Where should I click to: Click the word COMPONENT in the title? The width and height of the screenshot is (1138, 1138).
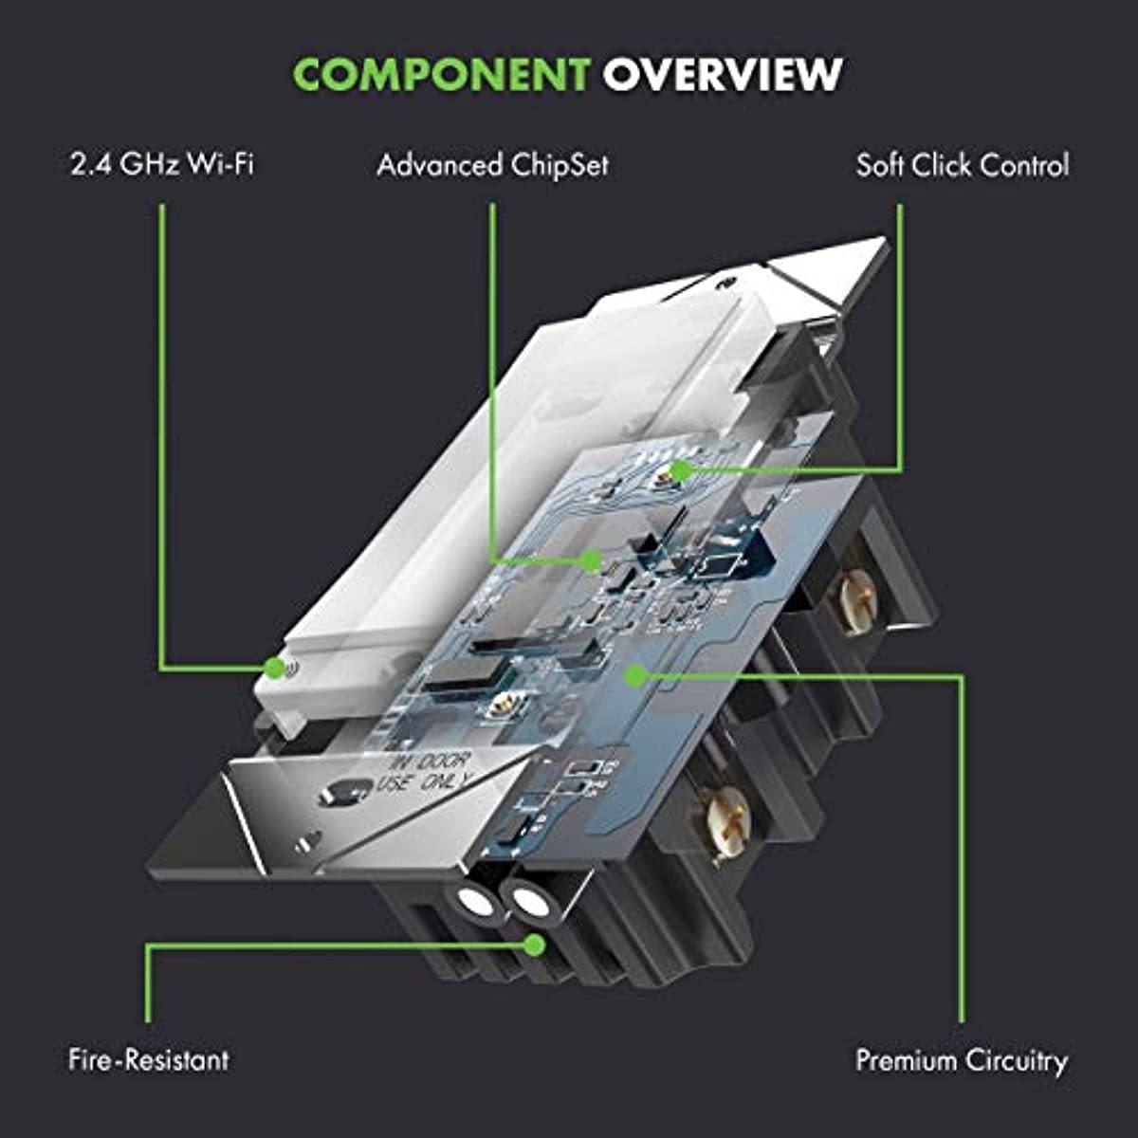coord(441,74)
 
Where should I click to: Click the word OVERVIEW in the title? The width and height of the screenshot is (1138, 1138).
coord(723,74)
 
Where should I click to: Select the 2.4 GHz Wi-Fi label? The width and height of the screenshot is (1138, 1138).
coord(162,165)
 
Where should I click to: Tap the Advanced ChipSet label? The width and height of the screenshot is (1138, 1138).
coord(492,165)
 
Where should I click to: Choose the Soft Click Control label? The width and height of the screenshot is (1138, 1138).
coord(962,165)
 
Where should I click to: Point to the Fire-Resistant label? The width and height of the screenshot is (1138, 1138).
coord(149,1059)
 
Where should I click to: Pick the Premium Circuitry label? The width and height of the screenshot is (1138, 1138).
coord(962,1059)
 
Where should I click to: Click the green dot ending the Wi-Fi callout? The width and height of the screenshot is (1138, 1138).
coord(275,668)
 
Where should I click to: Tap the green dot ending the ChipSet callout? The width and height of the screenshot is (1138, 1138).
coord(592,560)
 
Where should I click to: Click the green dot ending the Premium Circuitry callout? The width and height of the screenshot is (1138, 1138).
coord(636,675)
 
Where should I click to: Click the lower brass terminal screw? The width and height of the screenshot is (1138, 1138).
coord(725,817)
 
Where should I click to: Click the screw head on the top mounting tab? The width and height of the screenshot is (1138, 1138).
coord(726,283)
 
